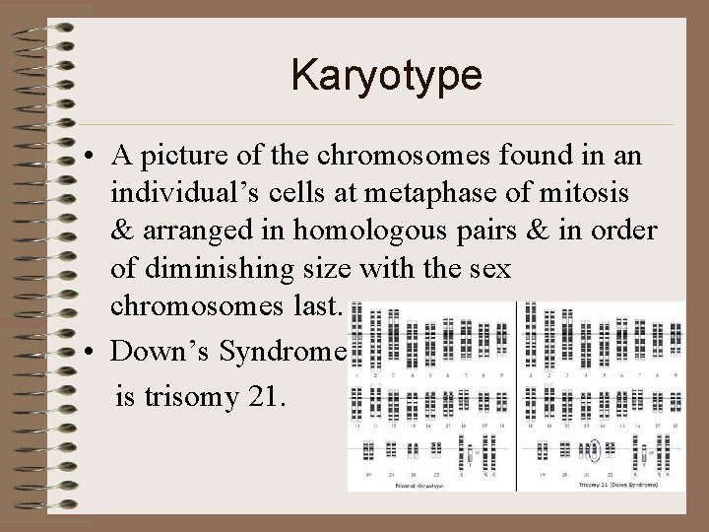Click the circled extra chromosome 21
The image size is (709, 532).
click(594, 451)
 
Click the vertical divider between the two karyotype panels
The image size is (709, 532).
click(515, 394)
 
